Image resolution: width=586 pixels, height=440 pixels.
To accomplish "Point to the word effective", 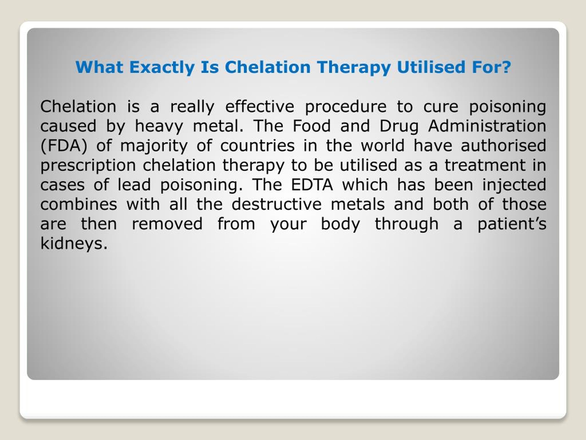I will [x=260, y=106].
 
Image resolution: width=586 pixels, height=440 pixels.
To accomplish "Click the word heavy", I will [x=159, y=126].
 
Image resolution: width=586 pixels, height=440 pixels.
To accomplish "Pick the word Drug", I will [x=399, y=126].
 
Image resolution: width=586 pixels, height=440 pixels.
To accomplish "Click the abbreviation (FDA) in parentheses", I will [x=64, y=146].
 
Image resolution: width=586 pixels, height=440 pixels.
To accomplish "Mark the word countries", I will [x=258, y=146].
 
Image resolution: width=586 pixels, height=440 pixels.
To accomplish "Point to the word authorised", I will [x=503, y=146].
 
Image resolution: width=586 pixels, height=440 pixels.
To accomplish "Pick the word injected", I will [x=514, y=185].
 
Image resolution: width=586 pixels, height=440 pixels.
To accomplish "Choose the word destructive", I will [x=277, y=204].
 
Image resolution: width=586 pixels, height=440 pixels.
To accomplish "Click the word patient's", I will [x=512, y=224].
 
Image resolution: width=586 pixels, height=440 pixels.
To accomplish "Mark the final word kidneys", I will [x=74, y=243].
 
